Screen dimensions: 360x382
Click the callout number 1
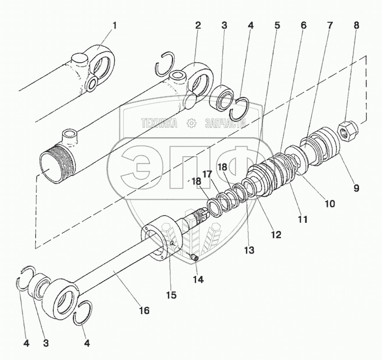(115, 26)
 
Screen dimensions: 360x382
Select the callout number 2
(198, 26)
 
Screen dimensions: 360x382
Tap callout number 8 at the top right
(356, 26)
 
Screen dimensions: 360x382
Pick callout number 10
(329, 204)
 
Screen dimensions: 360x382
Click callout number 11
(302, 220)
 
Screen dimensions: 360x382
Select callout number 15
(170, 295)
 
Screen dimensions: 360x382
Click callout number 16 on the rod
(144, 310)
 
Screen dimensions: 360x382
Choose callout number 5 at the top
(277, 26)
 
